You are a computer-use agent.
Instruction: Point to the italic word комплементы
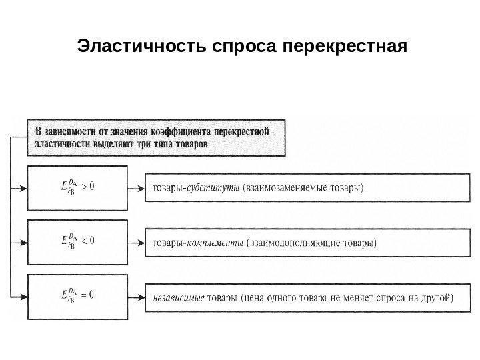[216, 242]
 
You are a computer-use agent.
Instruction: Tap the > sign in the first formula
[84, 187]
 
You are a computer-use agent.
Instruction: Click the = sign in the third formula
[84, 293]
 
